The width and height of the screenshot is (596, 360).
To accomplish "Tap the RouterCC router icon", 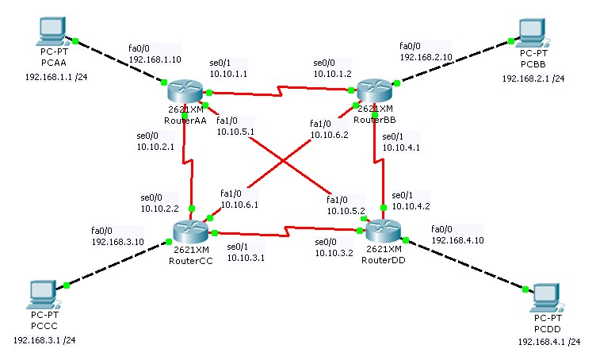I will (x=190, y=232).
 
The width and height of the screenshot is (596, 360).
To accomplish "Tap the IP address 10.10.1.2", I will (x=334, y=74).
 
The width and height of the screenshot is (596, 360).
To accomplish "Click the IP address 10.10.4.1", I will (x=401, y=147).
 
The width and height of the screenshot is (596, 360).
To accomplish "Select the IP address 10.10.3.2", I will (x=334, y=253).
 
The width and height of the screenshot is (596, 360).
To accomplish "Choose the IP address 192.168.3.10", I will (x=117, y=241).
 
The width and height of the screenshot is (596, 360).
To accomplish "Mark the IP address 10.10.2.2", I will (x=160, y=209).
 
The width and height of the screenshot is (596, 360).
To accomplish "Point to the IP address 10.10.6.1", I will (x=239, y=205).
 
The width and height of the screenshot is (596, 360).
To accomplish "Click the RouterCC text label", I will (x=190, y=260).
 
